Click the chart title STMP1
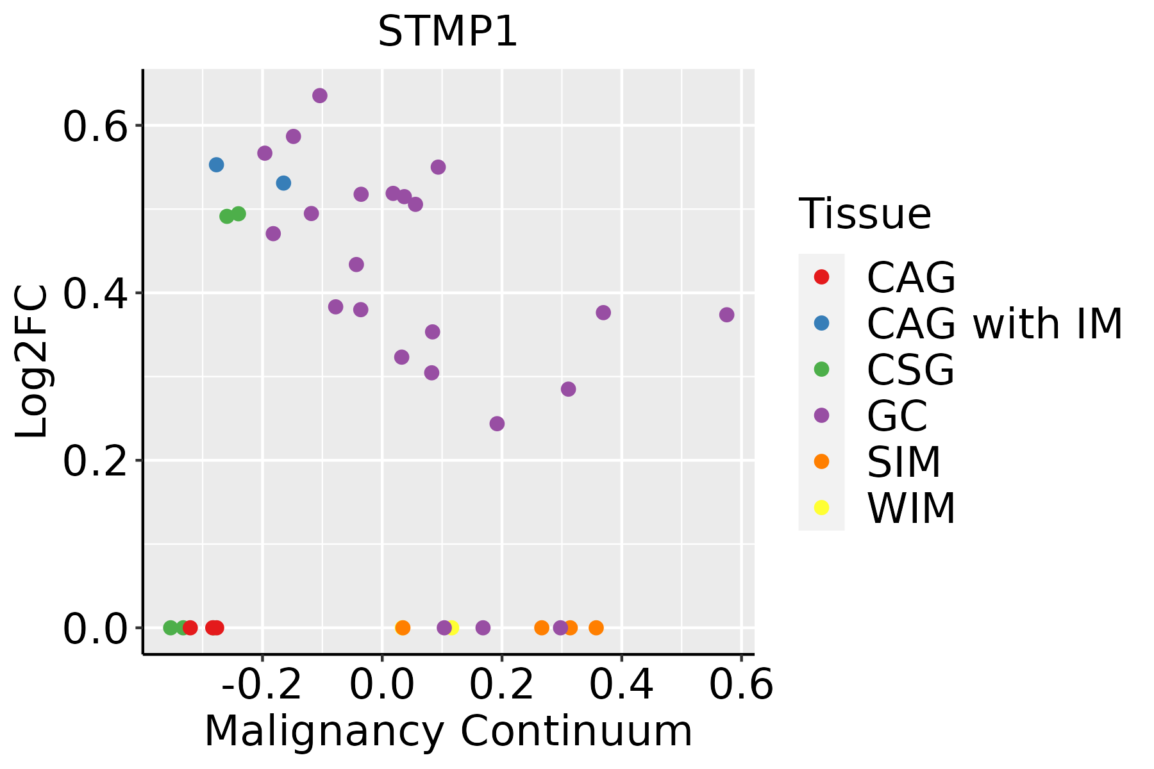pyautogui.click(x=447, y=32)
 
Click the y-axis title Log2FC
pyautogui.click(x=32, y=362)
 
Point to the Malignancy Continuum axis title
pyautogui.click(x=448, y=731)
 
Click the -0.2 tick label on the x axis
pyautogui.click(x=262, y=685)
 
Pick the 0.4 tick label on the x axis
pyautogui.click(x=621, y=685)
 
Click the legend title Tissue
pyautogui.click(x=865, y=214)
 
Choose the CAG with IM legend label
pyautogui.click(x=994, y=324)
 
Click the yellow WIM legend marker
pyautogui.click(x=821, y=508)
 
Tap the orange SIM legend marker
pyautogui.click(x=821, y=461)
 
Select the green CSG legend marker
pyautogui.click(x=821, y=369)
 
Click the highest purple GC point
pyautogui.click(x=320, y=96)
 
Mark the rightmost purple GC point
pyautogui.click(x=726, y=315)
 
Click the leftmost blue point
pyautogui.click(x=217, y=165)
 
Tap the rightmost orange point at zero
pyautogui.click(x=596, y=627)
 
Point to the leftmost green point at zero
pyautogui.click(x=171, y=627)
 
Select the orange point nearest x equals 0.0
pyautogui.click(x=403, y=627)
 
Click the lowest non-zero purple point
pyautogui.click(x=497, y=424)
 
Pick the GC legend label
pyautogui.click(x=897, y=415)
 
